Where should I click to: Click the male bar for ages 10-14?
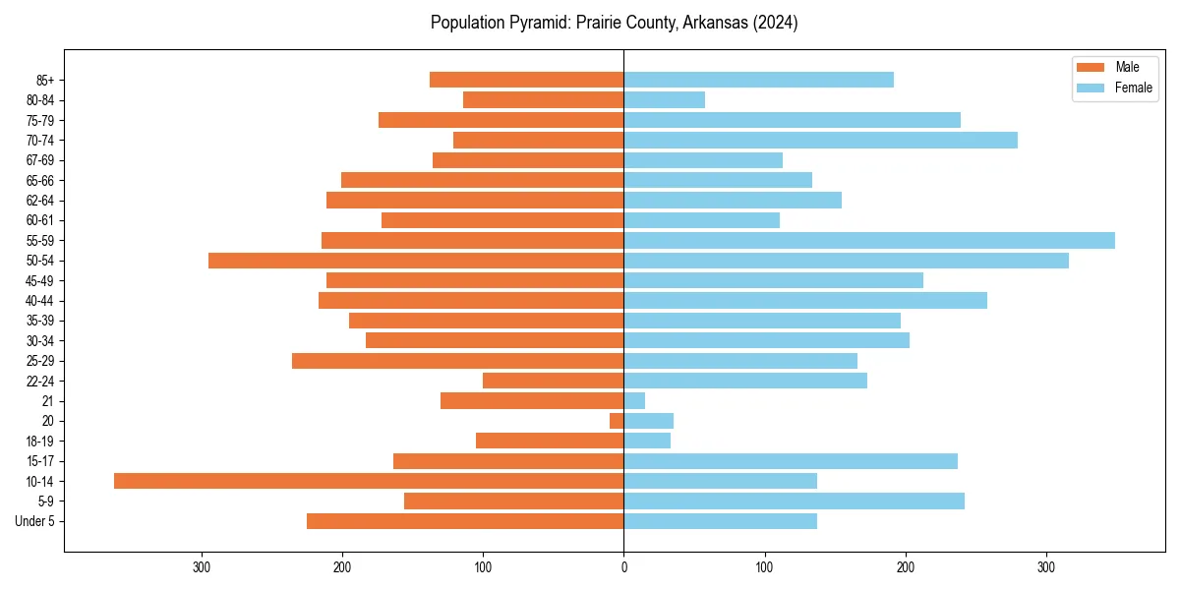pos(369,481)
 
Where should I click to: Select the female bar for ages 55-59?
pos(869,240)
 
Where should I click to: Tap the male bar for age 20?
pos(617,421)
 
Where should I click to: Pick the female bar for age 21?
pos(634,400)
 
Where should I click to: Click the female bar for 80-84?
pos(664,99)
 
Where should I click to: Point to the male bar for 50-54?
pos(416,261)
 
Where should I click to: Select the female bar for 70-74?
pos(820,140)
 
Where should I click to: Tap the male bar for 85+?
pos(526,80)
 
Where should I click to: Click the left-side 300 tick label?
pos(203,567)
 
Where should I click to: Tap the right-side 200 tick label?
pos(905,567)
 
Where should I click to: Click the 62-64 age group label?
pos(40,201)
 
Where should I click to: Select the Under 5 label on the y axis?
pos(34,521)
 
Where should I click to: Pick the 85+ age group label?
pos(45,80)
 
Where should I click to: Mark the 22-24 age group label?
pos(40,381)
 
